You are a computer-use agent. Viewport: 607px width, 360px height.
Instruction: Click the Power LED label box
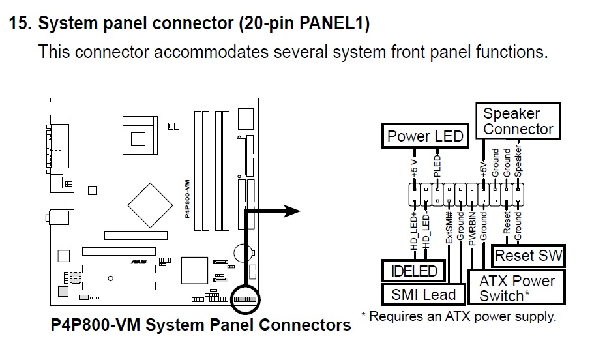(x=424, y=136)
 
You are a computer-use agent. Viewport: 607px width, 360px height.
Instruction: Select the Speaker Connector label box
(x=518, y=121)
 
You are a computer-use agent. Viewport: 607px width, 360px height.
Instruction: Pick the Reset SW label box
(x=527, y=256)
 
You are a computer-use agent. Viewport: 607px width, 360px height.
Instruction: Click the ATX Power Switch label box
(x=516, y=288)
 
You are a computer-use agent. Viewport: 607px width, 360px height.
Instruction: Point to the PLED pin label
(x=437, y=166)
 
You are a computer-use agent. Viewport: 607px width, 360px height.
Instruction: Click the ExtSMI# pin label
(x=449, y=228)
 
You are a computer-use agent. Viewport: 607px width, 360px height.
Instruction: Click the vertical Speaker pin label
(x=518, y=162)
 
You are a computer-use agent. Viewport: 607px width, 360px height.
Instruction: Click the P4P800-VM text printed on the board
(x=187, y=199)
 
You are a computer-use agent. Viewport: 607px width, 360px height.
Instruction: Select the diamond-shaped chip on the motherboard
(x=150, y=205)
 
